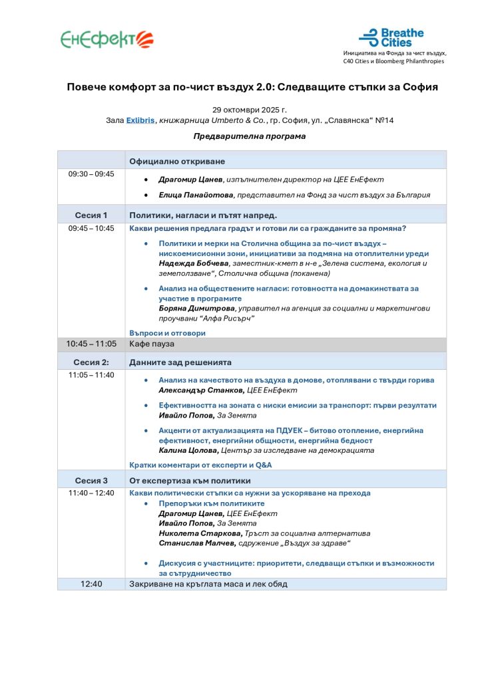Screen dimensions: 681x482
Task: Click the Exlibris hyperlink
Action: point(140,120)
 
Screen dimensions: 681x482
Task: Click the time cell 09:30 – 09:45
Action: point(91,174)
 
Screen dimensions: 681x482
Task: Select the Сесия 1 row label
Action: point(91,215)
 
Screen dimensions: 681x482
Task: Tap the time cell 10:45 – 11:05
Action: point(91,344)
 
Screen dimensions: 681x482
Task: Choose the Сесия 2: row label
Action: point(91,362)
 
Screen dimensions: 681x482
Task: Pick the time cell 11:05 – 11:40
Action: point(91,375)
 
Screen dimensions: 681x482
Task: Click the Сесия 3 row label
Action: point(91,480)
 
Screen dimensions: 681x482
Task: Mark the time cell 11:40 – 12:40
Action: point(91,493)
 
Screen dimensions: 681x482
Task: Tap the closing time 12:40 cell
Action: point(91,584)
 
